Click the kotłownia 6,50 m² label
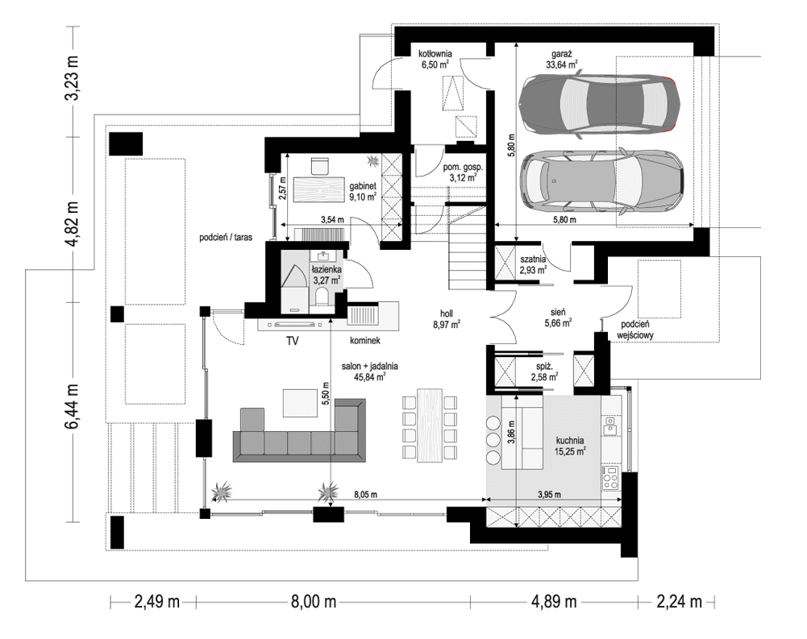(x=435, y=59)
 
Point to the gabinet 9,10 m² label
(x=361, y=189)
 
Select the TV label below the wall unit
(x=292, y=342)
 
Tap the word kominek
(x=364, y=342)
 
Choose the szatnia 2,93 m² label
(x=533, y=264)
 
